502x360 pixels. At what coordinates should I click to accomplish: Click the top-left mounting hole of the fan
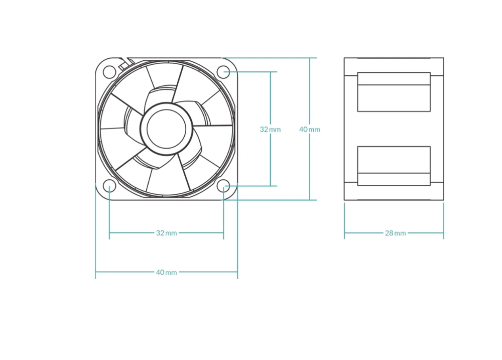[x=109, y=71]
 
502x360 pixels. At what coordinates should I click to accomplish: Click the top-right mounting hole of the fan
[x=223, y=71]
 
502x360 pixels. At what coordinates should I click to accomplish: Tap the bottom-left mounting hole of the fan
[x=109, y=186]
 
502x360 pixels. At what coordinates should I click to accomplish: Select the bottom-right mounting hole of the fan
[x=223, y=186]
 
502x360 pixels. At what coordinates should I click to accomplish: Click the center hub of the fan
[x=167, y=129]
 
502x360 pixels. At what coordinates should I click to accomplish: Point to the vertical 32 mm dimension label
[x=270, y=130]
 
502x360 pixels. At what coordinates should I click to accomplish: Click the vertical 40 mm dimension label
[x=310, y=130]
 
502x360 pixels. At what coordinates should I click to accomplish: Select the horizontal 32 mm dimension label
[x=167, y=233]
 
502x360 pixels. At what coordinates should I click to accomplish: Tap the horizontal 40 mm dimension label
[x=167, y=272]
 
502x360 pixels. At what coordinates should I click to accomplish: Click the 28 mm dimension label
[x=396, y=233]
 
